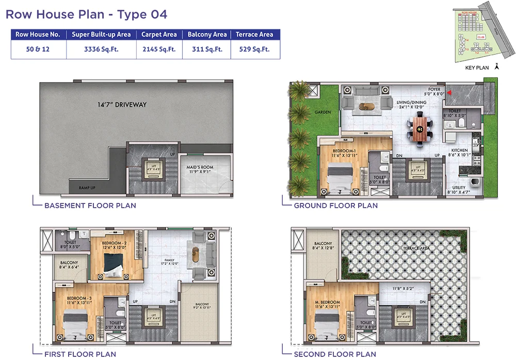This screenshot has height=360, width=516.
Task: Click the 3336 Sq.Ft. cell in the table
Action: click(101, 50)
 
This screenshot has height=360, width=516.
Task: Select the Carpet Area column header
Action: click(159, 35)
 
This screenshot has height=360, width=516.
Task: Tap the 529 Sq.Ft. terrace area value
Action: click(254, 50)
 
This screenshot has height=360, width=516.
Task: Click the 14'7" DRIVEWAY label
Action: click(122, 105)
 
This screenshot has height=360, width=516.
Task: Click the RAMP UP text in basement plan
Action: click(87, 188)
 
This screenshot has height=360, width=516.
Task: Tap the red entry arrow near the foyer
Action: click(448, 93)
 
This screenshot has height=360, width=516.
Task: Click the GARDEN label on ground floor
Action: click(322, 112)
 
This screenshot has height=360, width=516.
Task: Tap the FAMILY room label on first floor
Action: click(170, 260)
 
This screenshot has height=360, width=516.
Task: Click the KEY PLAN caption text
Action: click(476, 68)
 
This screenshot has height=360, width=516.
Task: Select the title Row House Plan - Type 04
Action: click(86, 14)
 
